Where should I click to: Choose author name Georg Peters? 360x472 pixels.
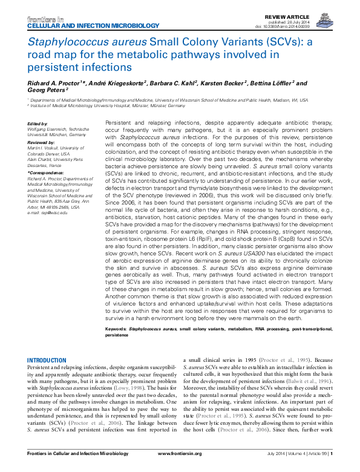tap(45, 91)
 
